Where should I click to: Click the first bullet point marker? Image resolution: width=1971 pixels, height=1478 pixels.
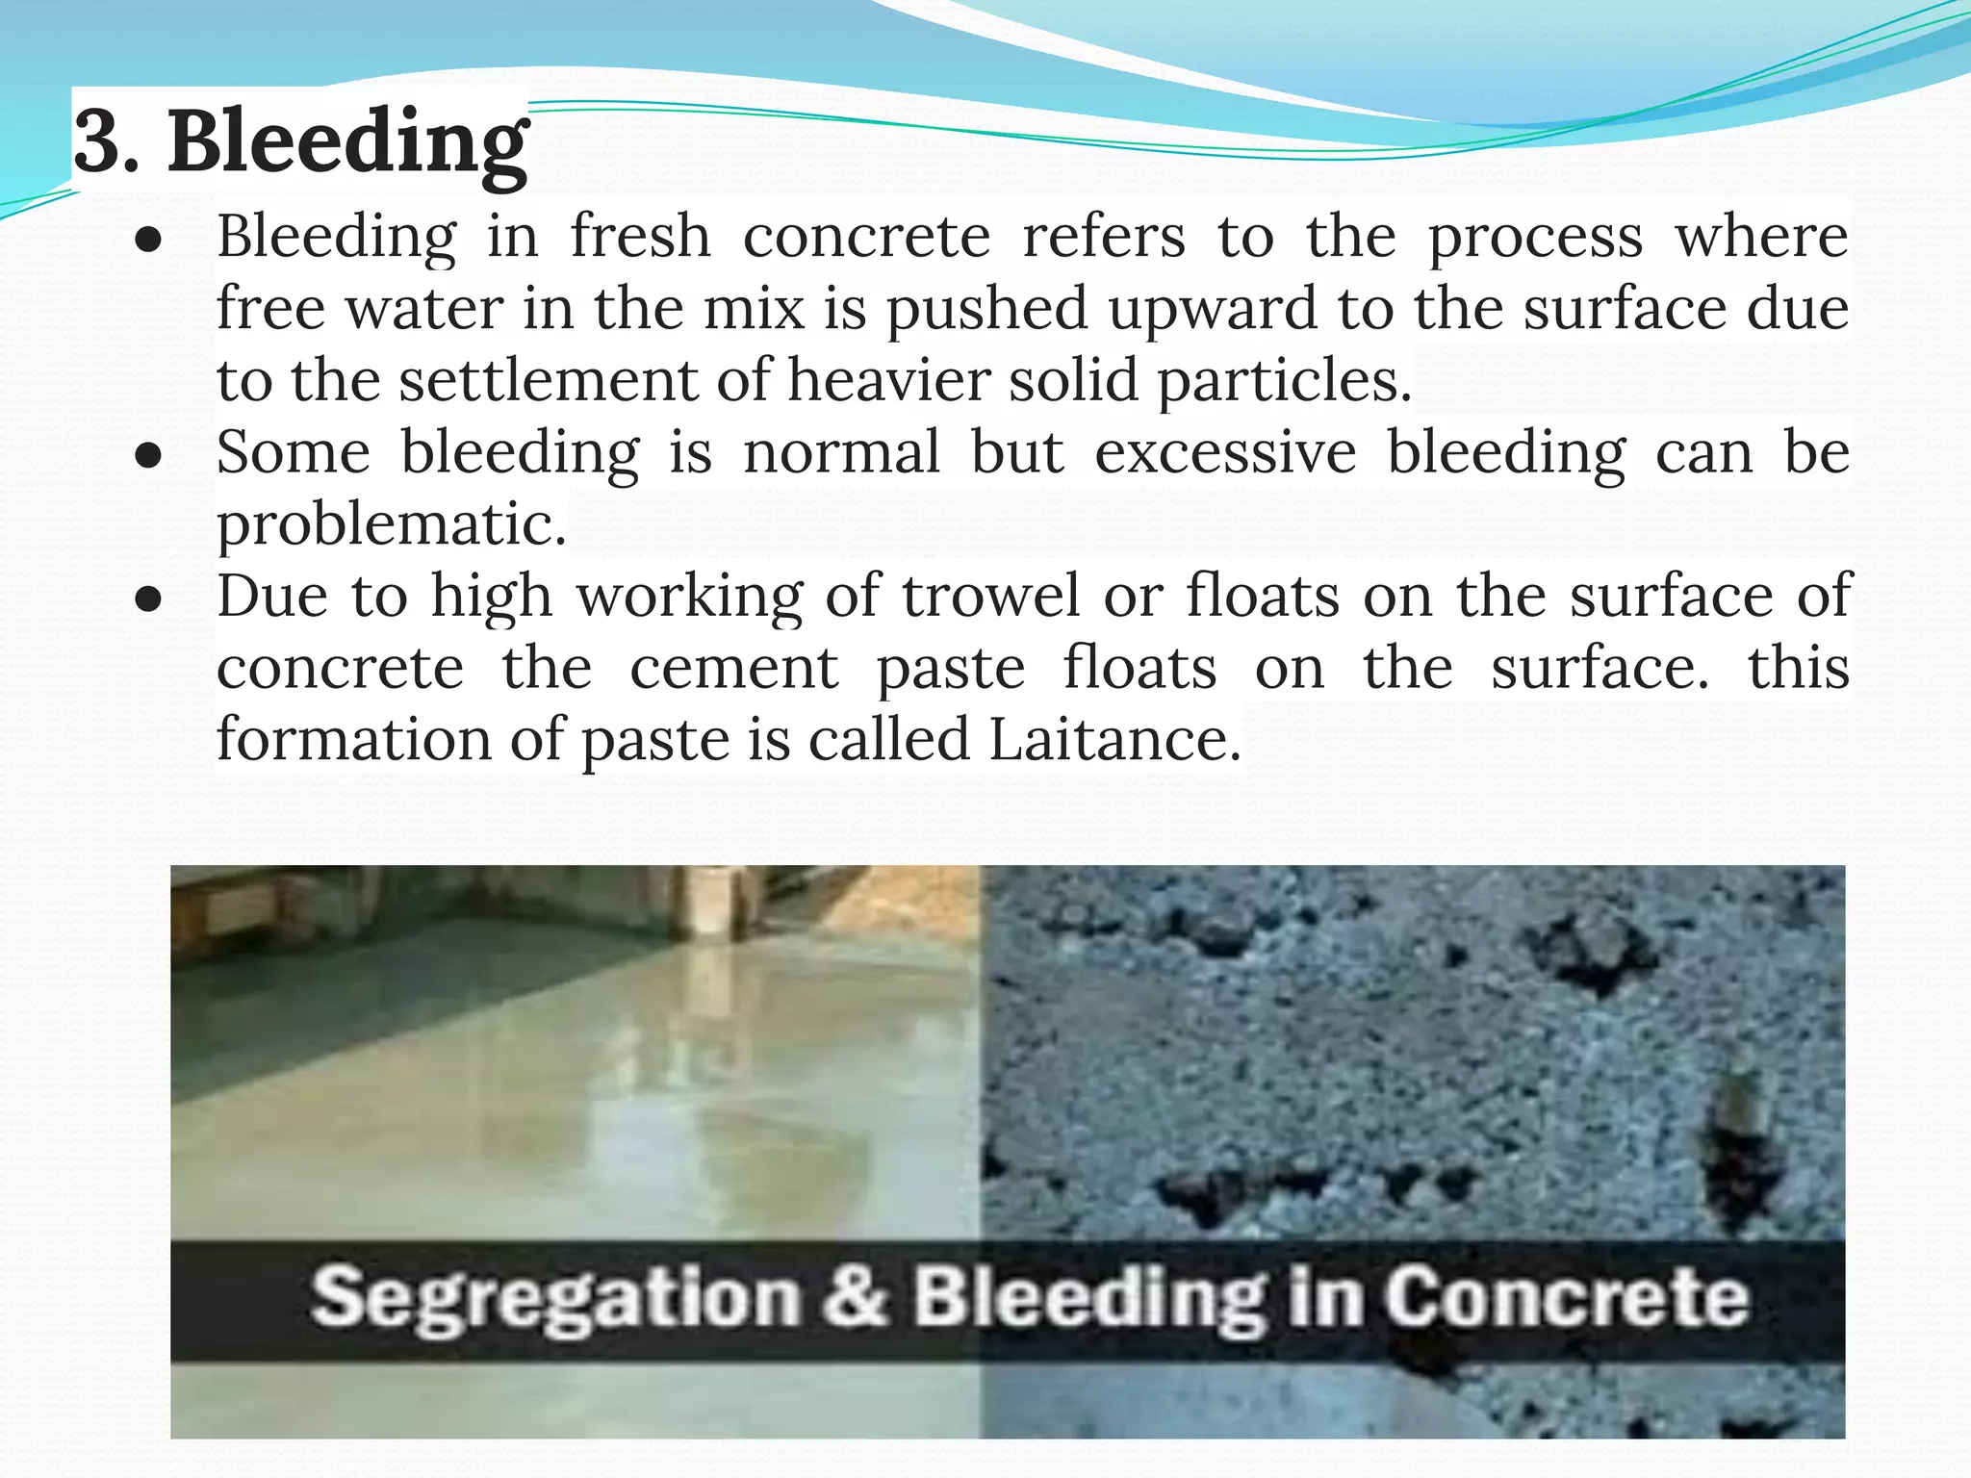point(148,241)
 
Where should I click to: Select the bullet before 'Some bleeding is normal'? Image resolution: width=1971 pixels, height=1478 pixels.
point(148,456)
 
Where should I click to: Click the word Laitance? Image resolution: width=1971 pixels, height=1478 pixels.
point(1113,740)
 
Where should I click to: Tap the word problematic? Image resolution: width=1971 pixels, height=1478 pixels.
point(391,524)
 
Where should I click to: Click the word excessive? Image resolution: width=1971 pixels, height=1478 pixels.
point(1225,452)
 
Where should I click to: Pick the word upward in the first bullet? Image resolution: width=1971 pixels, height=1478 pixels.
point(1212,309)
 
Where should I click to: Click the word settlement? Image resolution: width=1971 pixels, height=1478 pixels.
point(548,380)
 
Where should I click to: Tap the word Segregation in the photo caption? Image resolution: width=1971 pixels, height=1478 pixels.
point(555,1298)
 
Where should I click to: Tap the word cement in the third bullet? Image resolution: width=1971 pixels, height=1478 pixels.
point(733,668)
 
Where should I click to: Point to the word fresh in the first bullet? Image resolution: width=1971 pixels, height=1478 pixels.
point(640,237)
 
